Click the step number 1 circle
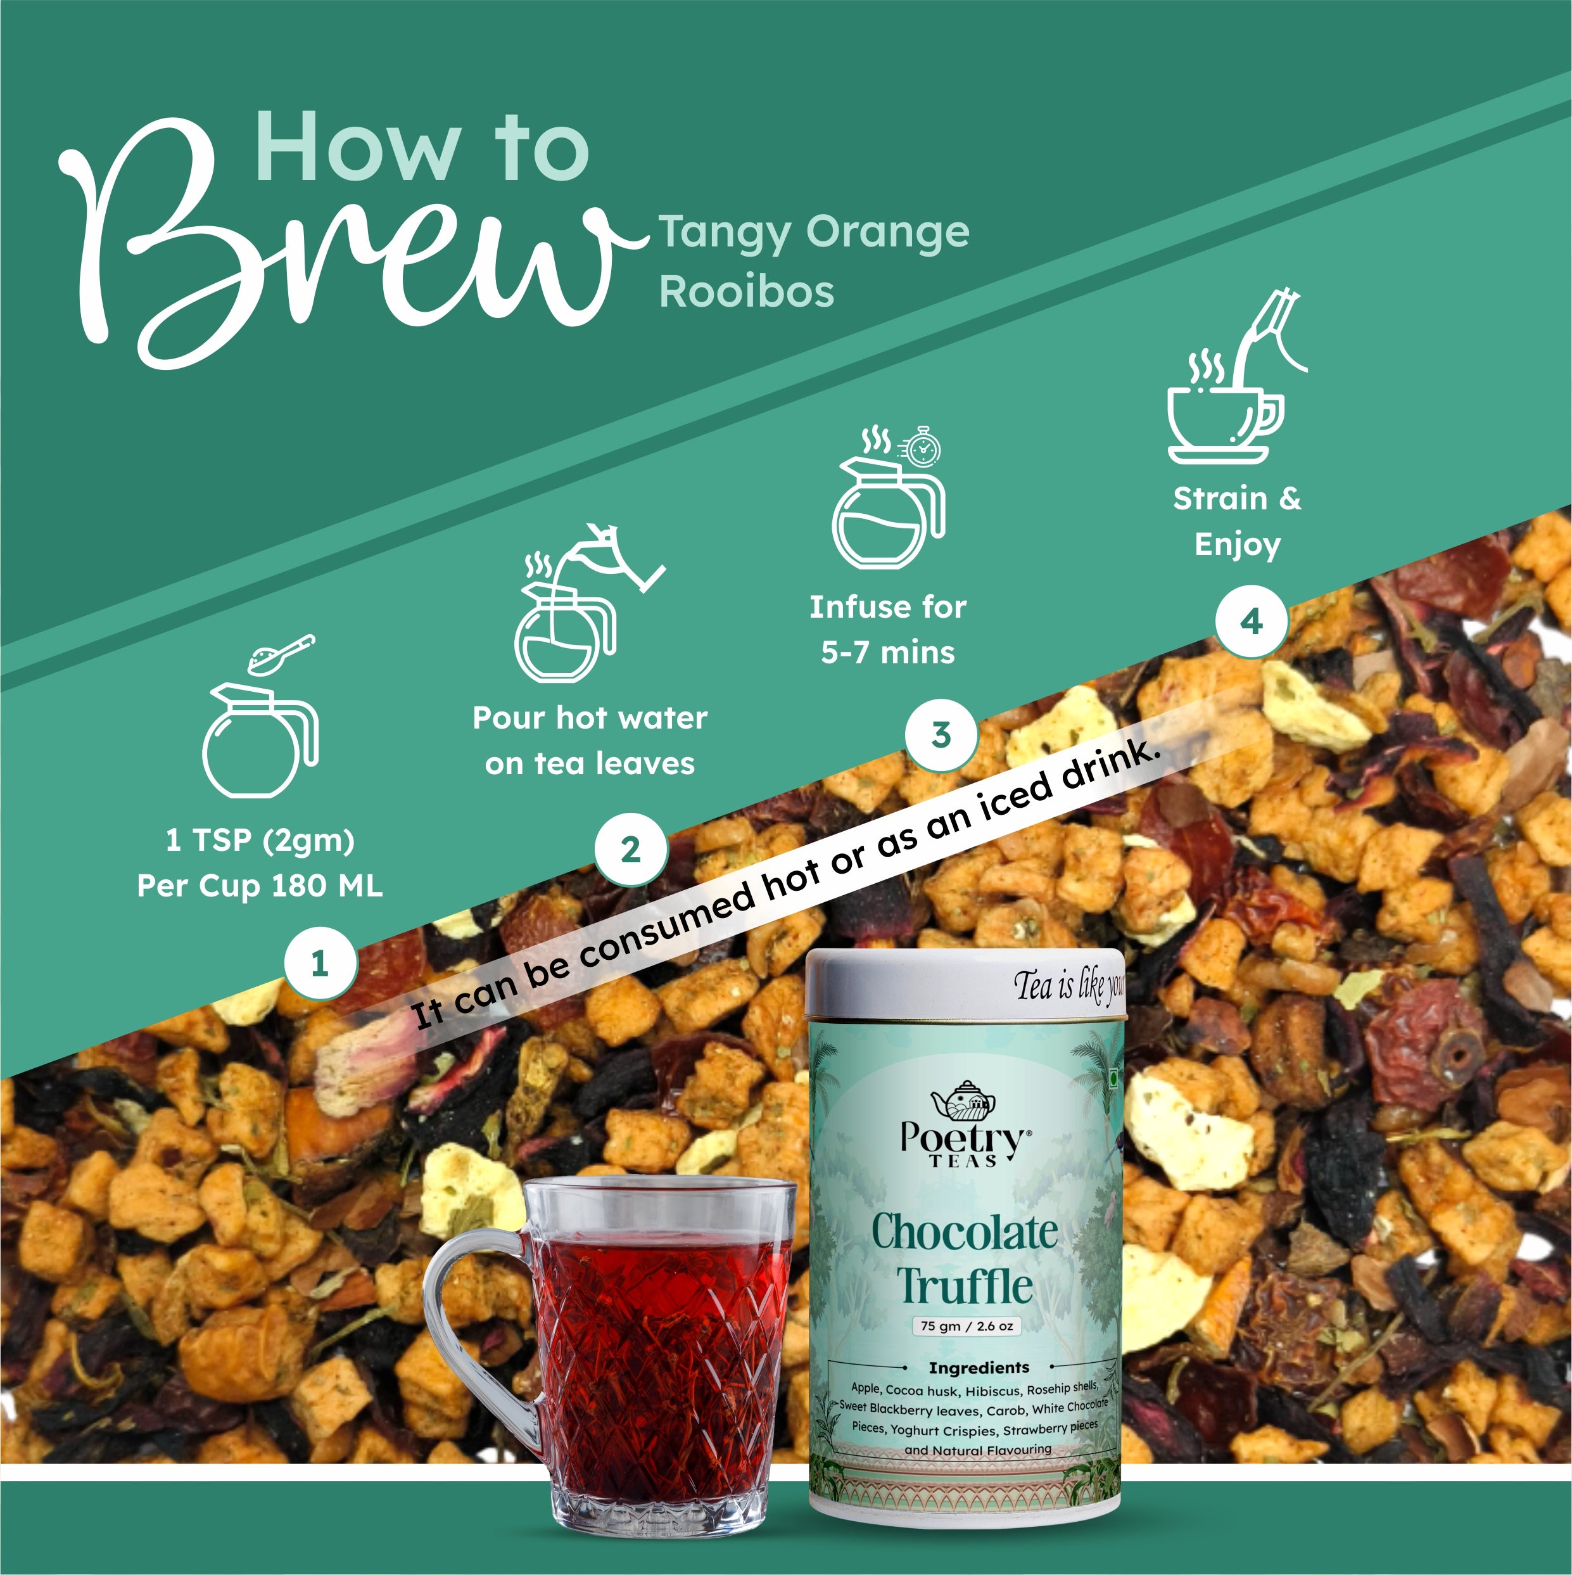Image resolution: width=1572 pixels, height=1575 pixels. click(x=320, y=963)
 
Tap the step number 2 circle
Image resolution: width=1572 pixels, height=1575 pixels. click(x=631, y=850)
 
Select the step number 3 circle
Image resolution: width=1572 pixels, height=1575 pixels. click(x=941, y=734)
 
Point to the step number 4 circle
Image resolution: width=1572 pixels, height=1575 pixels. click(x=1252, y=622)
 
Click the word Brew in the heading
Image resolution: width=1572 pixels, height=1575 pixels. click(x=342, y=245)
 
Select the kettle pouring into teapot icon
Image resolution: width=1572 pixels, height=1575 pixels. click(x=589, y=603)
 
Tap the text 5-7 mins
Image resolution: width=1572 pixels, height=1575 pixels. click(x=887, y=652)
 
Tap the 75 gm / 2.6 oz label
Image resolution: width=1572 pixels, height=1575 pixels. click(x=967, y=1325)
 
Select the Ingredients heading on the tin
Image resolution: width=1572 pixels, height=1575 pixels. click(x=978, y=1367)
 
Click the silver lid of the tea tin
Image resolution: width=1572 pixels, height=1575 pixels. click(x=967, y=984)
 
